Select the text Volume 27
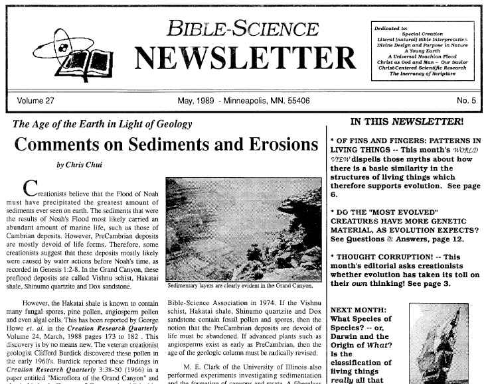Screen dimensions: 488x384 coord(36,102)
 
